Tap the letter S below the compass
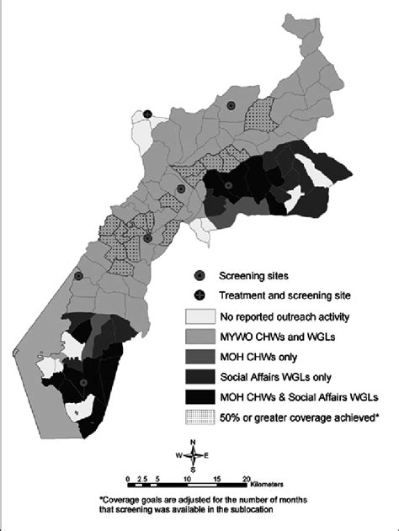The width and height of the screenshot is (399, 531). [194, 470]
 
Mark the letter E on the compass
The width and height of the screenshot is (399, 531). [207, 457]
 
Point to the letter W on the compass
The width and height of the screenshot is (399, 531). [180, 457]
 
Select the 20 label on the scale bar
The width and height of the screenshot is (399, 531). [245, 478]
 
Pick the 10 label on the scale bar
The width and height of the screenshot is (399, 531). [186, 478]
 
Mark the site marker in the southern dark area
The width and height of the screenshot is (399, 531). [82, 384]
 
